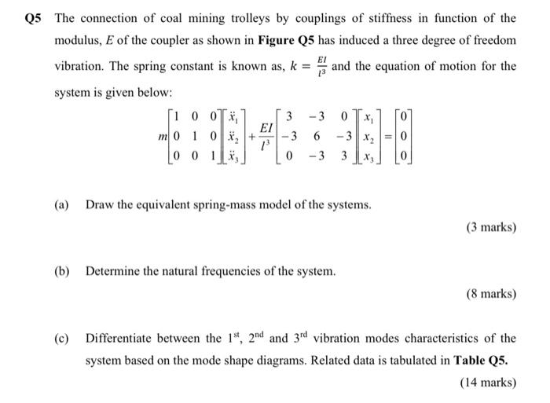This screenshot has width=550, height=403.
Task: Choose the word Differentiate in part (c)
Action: tap(120, 339)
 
